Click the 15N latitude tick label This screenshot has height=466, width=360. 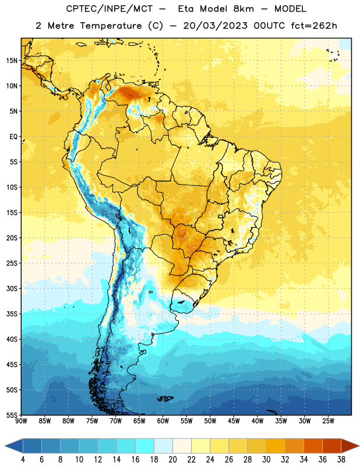pyautogui.click(x=12, y=61)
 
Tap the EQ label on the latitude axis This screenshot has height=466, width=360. pyautogui.click(x=13, y=137)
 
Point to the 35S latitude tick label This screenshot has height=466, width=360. pyautogui.click(x=12, y=314)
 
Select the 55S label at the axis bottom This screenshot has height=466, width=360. pyautogui.click(x=12, y=415)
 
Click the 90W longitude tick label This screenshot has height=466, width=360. pyautogui.click(x=21, y=421)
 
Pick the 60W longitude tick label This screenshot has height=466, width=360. pyautogui.click(x=163, y=421)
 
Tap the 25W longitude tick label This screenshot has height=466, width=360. pyautogui.click(x=328, y=421)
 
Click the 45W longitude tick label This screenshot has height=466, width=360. pyautogui.click(x=234, y=421)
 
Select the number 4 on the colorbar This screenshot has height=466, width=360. pyautogui.click(x=23, y=460)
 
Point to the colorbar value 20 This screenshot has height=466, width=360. pyautogui.click(x=172, y=460)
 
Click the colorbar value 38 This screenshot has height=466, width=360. pyautogui.click(x=341, y=460)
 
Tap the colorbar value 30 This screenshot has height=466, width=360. pyautogui.click(x=266, y=460)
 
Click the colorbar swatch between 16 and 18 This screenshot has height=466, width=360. pyautogui.click(x=145, y=446)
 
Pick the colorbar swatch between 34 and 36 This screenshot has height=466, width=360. pyautogui.click(x=313, y=446)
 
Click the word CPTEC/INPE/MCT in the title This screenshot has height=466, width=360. pyautogui.click(x=109, y=9)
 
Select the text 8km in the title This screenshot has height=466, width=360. pyautogui.click(x=243, y=9)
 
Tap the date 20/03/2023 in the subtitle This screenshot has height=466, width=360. pyautogui.click(x=215, y=26)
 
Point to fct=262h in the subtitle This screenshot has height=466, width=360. pyautogui.click(x=314, y=26)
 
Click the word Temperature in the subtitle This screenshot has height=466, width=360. pyautogui.click(x=111, y=26)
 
